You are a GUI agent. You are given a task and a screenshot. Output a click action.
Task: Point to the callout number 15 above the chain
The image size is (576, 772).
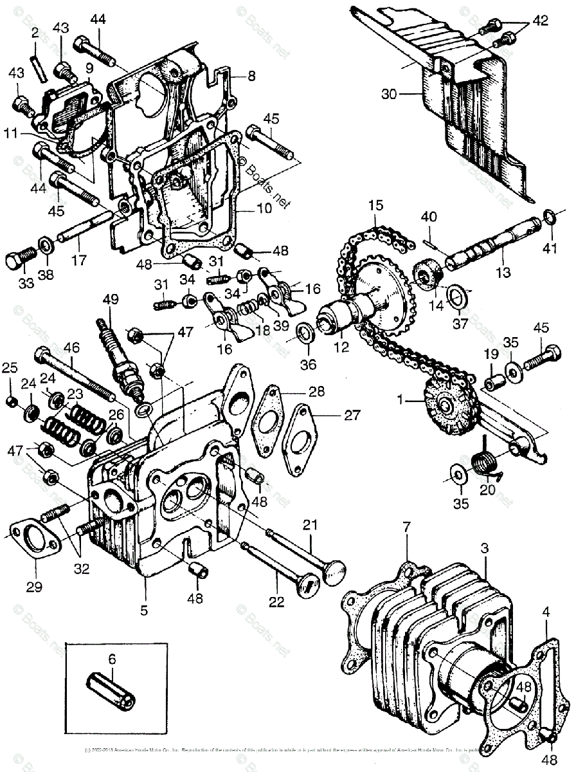[375, 207]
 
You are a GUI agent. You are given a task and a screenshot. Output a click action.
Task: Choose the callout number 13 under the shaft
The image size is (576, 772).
[503, 272]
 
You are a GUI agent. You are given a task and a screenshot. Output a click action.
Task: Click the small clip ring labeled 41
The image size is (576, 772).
[550, 217]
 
